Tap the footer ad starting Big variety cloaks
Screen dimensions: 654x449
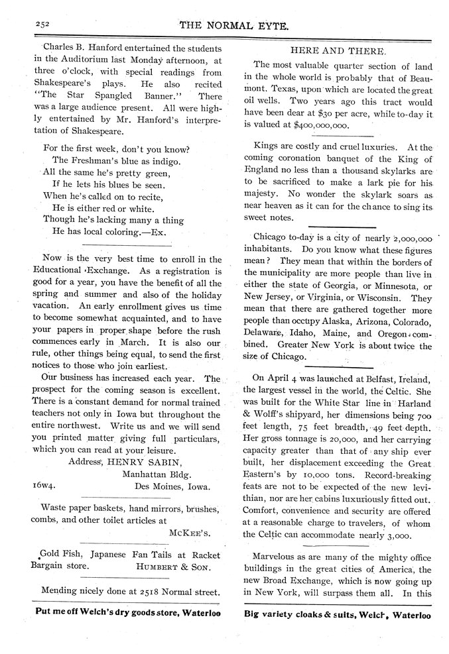pyautogui.click(x=337, y=614)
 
